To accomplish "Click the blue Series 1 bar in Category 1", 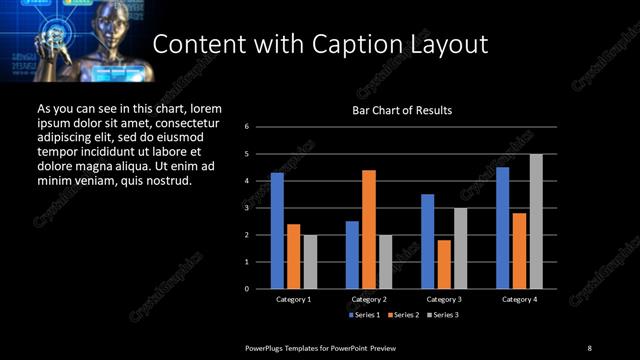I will [x=277, y=231].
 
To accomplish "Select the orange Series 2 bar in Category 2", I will [x=369, y=229].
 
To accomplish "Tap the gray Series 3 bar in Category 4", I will [x=536, y=221].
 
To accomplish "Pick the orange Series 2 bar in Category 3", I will [x=444, y=264].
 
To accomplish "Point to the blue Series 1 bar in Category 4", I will [x=503, y=228].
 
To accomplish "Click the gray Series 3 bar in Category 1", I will [x=310, y=262].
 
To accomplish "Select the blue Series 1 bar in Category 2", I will [x=352, y=255].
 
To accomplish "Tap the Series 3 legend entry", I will [x=444, y=315].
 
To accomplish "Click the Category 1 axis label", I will [x=293, y=299].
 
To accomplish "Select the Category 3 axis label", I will [x=444, y=299].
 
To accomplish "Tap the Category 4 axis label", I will [x=519, y=299].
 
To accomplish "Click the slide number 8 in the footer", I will [x=589, y=347].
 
